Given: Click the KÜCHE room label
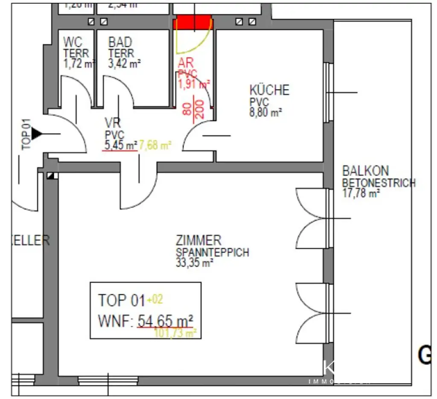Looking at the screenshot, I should point(269,90).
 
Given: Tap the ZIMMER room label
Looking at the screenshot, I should point(198,240).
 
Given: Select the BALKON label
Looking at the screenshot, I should point(365,171).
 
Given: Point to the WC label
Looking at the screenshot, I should point(73,42).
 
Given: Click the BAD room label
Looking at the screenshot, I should point(120,42).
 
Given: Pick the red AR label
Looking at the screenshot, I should point(186,63).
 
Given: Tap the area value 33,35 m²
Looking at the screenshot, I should point(195,263).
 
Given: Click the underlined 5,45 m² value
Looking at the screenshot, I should point(121,145).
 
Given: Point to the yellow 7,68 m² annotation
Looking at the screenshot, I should point(154,145).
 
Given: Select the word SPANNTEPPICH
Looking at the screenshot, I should point(212,252).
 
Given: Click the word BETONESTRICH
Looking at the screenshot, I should point(379,183).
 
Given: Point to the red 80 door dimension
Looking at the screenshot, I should point(187,110).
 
